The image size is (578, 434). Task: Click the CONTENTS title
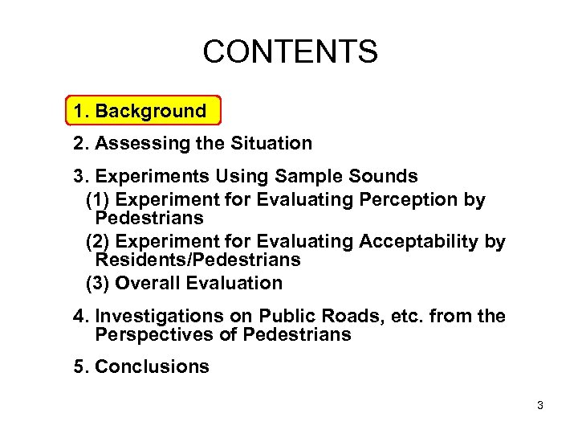tap(289, 52)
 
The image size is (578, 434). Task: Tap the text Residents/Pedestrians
tap(197, 260)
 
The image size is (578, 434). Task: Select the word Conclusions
tap(152, 367)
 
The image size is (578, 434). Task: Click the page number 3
tap(540, 406)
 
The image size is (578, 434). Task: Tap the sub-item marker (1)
tap(98, 199)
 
